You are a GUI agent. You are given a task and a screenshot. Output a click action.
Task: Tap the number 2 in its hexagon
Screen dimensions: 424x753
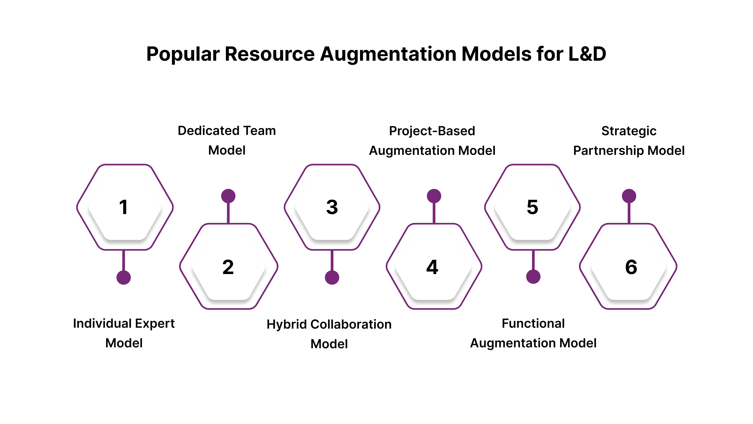coord(228,267)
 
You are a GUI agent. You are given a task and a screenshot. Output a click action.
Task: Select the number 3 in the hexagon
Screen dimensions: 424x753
coord(332,207)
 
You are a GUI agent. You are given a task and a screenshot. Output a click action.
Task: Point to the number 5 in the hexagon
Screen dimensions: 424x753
coord(532,207)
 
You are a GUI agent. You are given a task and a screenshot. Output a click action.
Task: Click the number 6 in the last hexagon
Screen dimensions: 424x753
coord(631,267)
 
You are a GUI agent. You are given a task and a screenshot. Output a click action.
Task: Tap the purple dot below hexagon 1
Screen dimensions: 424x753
coord(124,277)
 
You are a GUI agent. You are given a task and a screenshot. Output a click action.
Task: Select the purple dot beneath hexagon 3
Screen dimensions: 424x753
coord(332,277)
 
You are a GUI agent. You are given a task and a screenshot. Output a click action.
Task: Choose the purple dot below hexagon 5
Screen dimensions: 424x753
coord(533,277)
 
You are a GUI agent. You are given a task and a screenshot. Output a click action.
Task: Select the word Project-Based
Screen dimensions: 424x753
coord(432,131)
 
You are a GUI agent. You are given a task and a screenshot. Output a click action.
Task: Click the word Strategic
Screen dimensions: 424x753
coord(629,131)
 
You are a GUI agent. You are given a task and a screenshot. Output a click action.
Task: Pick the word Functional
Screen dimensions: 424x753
coord(533,323)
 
